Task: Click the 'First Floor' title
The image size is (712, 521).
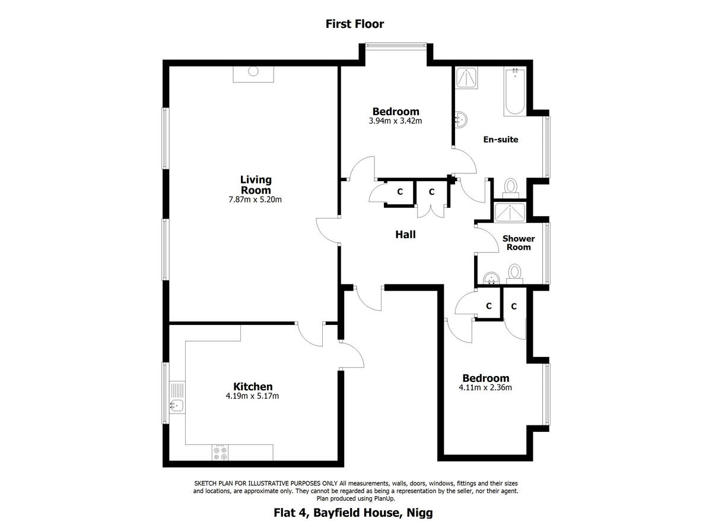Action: point(355,24)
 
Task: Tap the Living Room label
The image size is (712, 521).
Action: point(256,185)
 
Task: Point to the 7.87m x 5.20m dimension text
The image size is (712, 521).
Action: point(256,200)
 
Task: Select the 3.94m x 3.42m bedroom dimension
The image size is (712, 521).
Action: point(395,121)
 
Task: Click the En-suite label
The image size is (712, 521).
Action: point(500,140)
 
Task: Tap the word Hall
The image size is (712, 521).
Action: point(405,235)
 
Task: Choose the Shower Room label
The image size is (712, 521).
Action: point(519,242)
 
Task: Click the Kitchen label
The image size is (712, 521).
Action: point(253,387)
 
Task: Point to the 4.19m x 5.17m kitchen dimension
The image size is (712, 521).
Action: point(253,396)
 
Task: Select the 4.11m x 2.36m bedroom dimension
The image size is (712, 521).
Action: point(485,388)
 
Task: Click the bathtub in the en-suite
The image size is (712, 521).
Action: point(514,92)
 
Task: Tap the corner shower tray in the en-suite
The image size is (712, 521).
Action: point(466,78)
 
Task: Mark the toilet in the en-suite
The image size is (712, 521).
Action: point(511,187)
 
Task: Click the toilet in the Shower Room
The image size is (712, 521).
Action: point(514,273)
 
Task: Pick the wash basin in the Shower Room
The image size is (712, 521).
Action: point(491,277)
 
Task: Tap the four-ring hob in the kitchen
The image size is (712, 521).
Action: point(221,453)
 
